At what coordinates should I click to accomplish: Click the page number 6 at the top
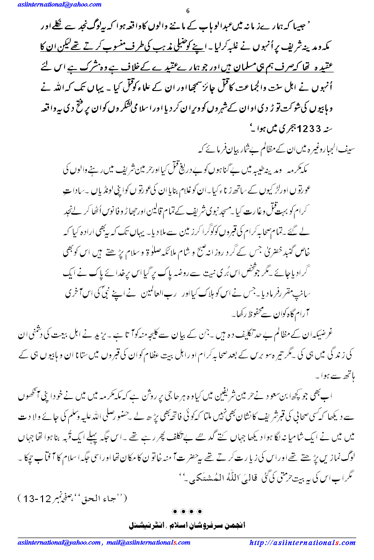pyautogui.click(x=187, y=12)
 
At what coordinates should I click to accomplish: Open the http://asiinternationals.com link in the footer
pyautogui.click(x=302, y=543)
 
